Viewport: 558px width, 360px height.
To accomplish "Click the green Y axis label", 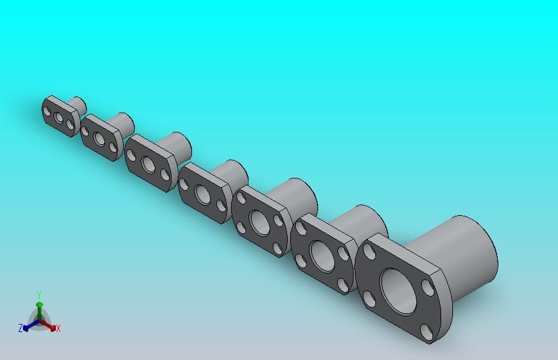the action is click(39, 295).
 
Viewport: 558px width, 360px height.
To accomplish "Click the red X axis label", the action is click(58, 328).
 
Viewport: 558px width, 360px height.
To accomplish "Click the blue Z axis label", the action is click(21, 328).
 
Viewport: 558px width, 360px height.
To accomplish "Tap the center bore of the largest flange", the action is click(398, 292).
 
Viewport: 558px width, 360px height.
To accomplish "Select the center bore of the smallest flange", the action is click(58, 118).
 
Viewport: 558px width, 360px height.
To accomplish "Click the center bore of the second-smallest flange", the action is click(99, 139).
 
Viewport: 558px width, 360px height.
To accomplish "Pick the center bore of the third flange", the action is click(148, 164).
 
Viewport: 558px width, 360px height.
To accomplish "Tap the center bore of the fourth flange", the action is click(203, 195).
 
